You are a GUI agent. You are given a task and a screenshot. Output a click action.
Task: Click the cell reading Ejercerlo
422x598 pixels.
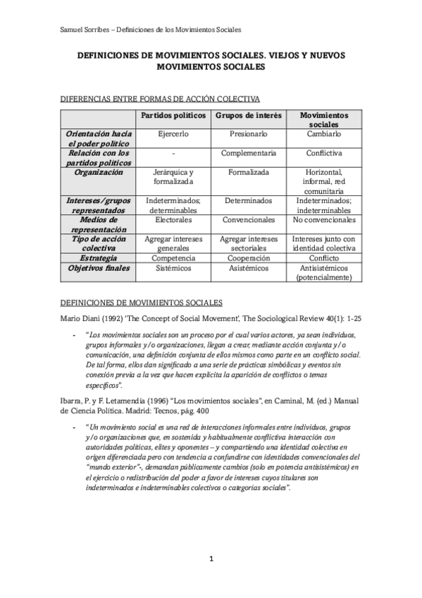[x=173, y=133]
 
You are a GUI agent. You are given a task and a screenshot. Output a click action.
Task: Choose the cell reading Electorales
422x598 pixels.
[x=173, y=219]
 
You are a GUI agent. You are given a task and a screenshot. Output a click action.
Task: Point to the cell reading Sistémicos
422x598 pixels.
[x=173, y=268]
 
